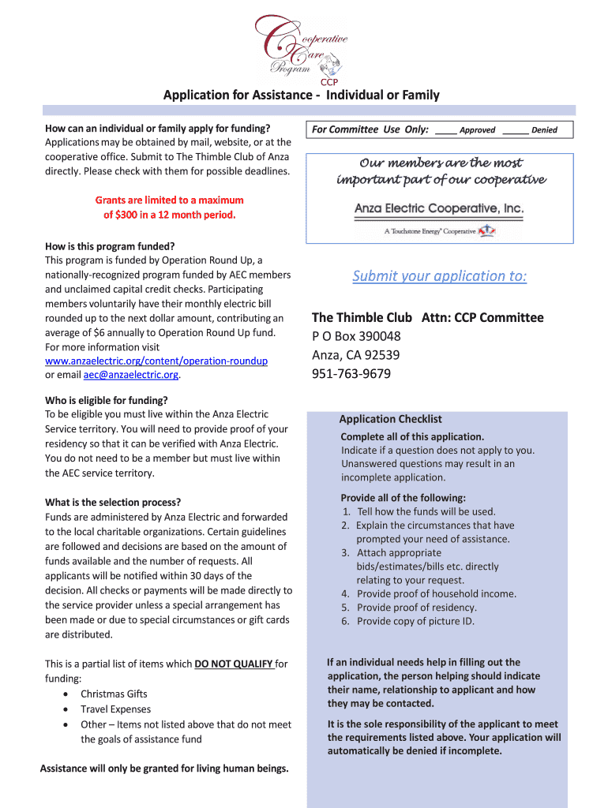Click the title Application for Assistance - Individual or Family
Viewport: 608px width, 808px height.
click(x=301, y=95)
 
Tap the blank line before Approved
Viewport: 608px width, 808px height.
click(x=445, y=130)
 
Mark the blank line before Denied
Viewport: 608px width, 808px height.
click(x=515, y=130)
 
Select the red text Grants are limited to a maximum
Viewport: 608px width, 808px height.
click(x=169, y=200)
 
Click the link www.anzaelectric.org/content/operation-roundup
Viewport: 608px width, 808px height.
click(x=156, y=361)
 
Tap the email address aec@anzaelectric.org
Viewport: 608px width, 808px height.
click(x=130, y=375)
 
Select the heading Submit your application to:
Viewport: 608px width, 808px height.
click(x=440, y=276)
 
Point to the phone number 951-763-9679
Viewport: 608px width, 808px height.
click(x=351, y=374)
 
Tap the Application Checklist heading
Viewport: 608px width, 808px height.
click(x=390, y=419)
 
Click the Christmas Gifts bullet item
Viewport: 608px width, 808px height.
click(x=114, y=694)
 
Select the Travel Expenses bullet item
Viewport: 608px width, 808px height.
click(x=115, y=709)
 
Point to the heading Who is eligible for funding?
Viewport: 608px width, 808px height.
click(x=107, y=400)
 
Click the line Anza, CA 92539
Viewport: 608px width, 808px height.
click(x=355, y=355)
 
